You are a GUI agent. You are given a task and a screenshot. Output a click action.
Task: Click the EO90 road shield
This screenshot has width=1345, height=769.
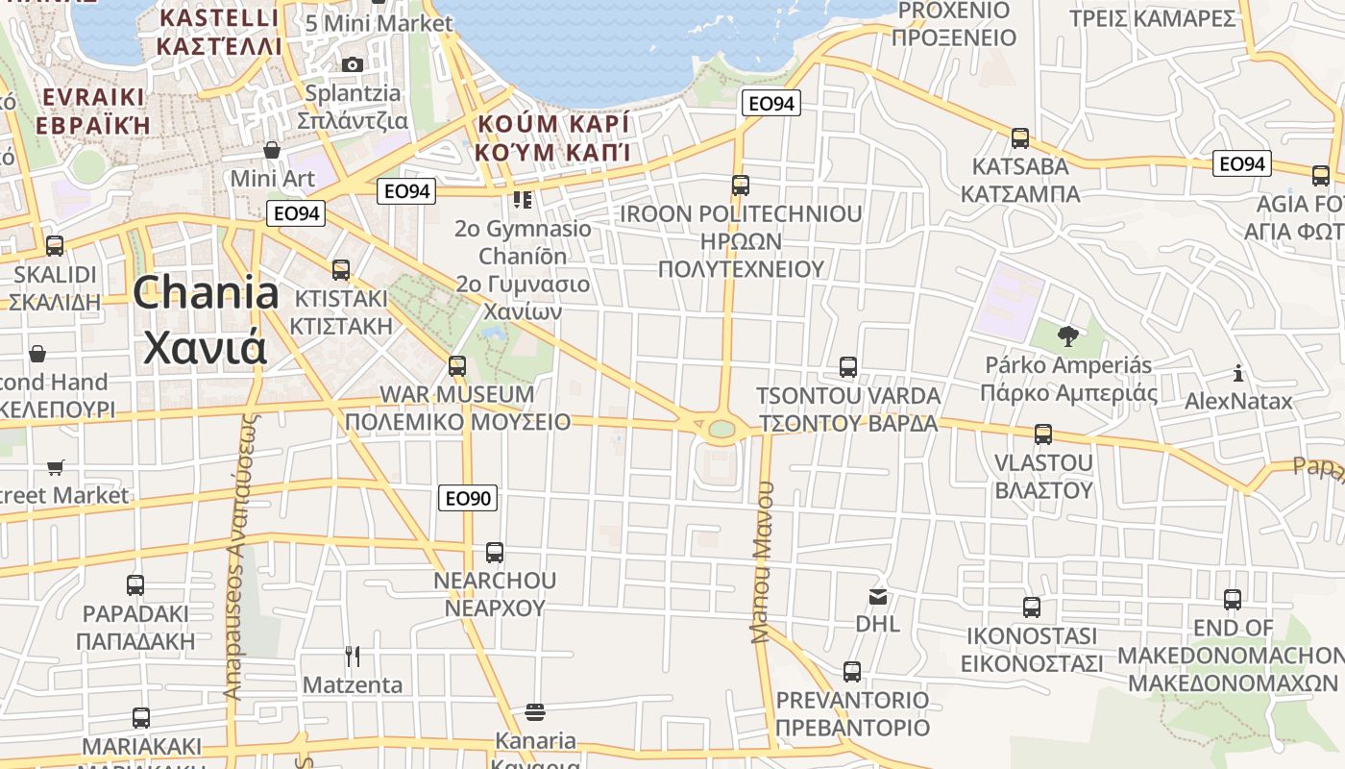[x=469, y=498]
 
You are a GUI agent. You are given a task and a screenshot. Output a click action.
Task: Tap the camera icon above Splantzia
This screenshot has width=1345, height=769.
[x=353, y=64]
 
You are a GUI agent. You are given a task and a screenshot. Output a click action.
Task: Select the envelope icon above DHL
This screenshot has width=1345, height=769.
[x=878, y=597]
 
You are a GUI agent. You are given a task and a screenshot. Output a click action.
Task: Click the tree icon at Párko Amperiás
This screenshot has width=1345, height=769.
[x=1067, y=335]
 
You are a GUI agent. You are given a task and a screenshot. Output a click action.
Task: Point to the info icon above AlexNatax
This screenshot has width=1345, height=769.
[x=1238, y=373]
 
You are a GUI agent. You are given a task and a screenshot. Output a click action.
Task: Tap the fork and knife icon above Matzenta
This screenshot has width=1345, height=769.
[x=353, y=657]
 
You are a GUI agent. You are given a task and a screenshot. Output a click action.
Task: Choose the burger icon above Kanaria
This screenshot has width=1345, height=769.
[x=535, y=712]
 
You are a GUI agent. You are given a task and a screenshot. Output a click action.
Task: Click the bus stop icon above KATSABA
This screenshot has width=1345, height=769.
[x=1020, y=137]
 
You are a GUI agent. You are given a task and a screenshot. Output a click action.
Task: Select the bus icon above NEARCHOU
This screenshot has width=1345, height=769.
[x=495, y=553]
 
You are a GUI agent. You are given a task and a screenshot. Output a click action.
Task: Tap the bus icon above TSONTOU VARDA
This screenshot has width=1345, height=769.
[x=847, y=366]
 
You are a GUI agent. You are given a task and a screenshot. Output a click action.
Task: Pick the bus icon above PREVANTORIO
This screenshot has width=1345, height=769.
[x=852, y=671]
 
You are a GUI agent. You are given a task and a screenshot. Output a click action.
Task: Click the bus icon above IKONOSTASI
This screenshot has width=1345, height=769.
[x=1032, y=607]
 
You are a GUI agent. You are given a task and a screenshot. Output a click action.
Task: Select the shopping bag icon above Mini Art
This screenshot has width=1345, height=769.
[x=272, y=150]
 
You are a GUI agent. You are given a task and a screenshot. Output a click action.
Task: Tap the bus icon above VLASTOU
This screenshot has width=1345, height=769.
[x=1043, y=434]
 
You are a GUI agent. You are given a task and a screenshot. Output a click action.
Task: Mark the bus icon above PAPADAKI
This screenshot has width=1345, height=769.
[x=135, y=584]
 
